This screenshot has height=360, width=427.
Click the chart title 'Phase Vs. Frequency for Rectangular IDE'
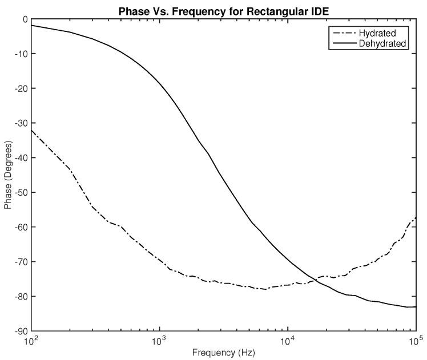pyautogui.click(x=224, y=11)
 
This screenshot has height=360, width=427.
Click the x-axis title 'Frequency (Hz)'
pyautogui.click(x=224, y=353)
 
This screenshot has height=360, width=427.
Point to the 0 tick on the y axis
pyautogui.click(x=25, y=19)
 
